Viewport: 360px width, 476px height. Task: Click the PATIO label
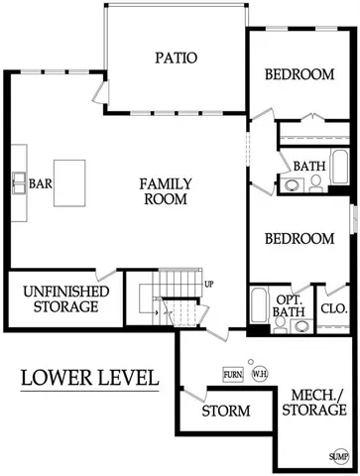click(x=176, y=58)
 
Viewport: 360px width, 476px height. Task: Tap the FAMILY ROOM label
click(x=165, y=190)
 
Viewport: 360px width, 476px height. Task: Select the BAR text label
click(x=41, y=183)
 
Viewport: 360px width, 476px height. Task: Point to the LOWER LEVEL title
click(x=89, y=377)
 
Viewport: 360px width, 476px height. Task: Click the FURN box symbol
click(x=233, y=374)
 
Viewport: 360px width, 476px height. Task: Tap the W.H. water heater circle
click(x=259, y=374)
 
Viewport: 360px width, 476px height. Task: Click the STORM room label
click(x=225, y=411)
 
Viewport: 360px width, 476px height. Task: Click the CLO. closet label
click(x=333, y=308)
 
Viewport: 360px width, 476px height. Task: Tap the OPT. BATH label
click(x=290, y=306)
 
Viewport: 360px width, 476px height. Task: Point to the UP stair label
click(x=209, y=285)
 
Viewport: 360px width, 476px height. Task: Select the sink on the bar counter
click(x=19, y=182)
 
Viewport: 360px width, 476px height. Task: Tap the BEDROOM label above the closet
click(x=299, y=239)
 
